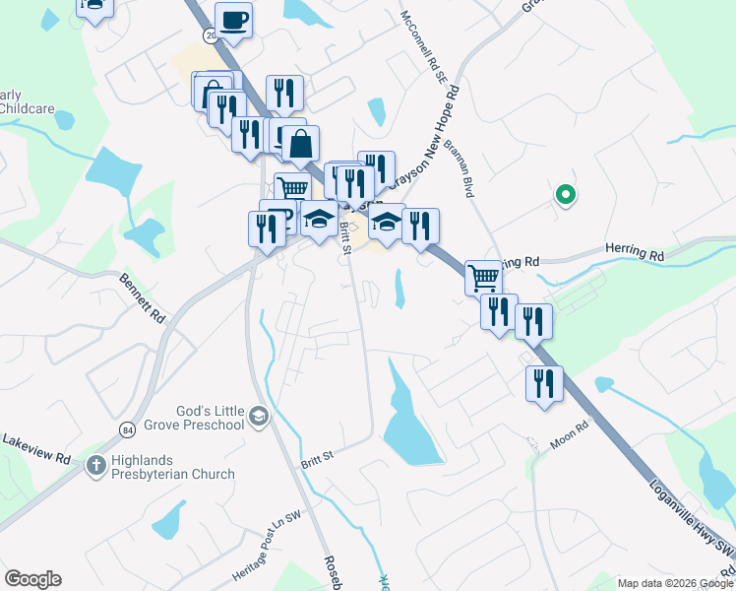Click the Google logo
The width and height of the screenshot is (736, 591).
(32, 579)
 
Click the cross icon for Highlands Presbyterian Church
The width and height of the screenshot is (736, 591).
(96, 465)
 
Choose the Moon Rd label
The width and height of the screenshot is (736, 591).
(569, 434)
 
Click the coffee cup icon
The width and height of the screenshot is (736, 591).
(233, 20)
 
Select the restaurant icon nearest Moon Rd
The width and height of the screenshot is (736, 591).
(543, 382)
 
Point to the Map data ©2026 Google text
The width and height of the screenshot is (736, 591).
(673, 582)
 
